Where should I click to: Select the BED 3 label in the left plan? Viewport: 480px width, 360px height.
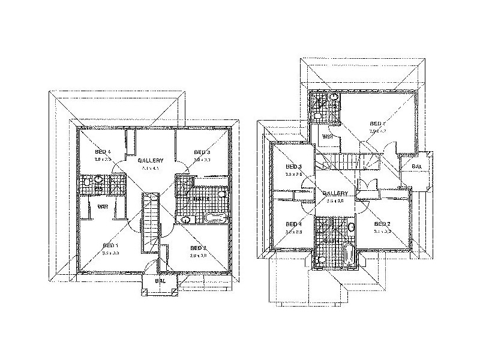[201, 152]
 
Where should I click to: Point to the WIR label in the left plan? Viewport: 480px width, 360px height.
[103, 206]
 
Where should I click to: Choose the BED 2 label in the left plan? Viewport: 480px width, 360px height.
[199, 248]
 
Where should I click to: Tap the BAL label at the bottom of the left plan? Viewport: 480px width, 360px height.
[160, 280]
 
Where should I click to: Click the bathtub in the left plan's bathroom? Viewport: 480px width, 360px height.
[217, 217]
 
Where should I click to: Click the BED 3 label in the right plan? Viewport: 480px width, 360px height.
[292, 166]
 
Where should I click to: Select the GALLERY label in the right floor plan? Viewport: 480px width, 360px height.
[335, 193]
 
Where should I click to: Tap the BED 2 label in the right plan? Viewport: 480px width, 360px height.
[382, 224]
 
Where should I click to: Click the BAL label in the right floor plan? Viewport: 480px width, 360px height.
[416, 167]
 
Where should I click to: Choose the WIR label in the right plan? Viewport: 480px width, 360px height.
[328, 137]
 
